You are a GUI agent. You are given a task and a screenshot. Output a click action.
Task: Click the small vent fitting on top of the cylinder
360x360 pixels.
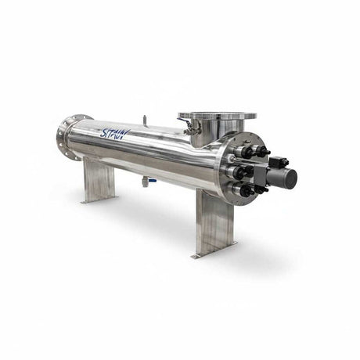click(144, 120)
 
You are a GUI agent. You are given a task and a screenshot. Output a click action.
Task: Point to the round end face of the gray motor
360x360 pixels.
click(293, 179)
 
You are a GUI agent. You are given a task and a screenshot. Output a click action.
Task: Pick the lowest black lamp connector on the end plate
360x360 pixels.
click(246, 190)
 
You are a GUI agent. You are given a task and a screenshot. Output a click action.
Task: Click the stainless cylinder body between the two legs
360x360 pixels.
click(157, 157)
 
